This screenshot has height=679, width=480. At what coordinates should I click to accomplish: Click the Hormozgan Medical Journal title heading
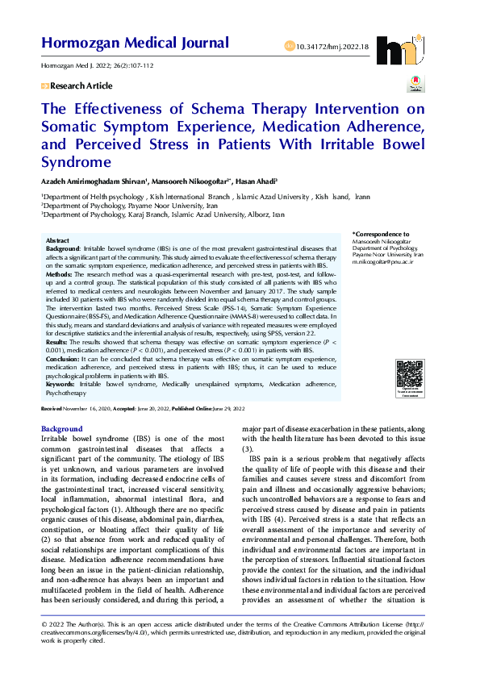[135, 43]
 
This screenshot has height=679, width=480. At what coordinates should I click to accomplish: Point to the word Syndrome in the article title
[77, 162]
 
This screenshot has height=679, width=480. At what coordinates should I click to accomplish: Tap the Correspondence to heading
[381, 234]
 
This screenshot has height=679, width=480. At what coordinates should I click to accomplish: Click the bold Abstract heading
[57, 241]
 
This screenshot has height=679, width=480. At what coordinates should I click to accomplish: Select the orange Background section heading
[61, 428]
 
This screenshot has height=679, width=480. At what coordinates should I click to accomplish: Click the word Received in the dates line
[51, 410]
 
